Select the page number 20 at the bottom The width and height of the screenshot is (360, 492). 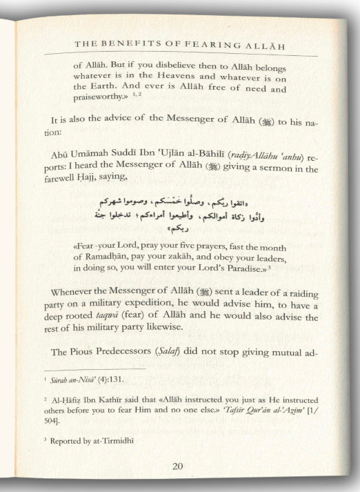click(x=177, y=466)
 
